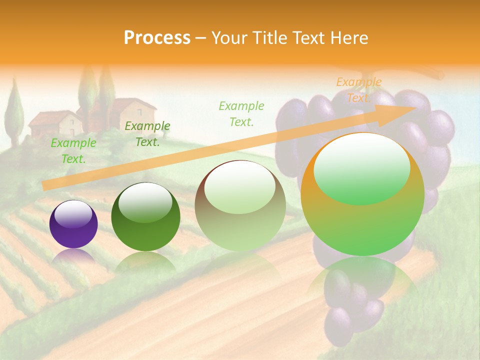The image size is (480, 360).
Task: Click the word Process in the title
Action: coord(157,37)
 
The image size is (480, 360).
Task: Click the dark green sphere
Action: coord(145,217)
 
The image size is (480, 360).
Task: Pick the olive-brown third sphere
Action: coord(240,206)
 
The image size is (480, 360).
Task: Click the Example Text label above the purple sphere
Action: coord(73,151)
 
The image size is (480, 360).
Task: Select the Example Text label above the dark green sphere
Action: coord(147,134)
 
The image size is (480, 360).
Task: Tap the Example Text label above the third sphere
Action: coord(241,113)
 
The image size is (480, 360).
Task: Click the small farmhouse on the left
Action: coord(55,123)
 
